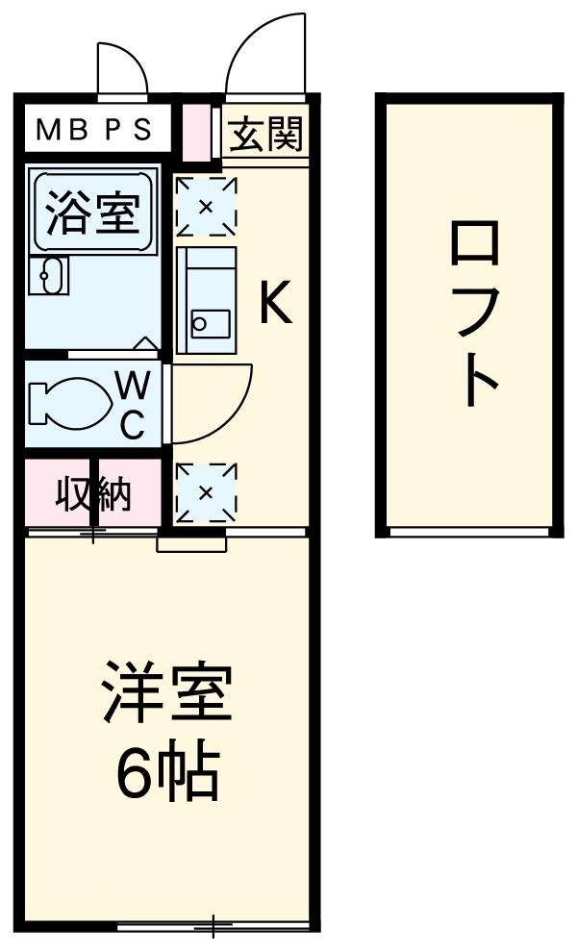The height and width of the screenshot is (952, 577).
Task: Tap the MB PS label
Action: pos(93,131)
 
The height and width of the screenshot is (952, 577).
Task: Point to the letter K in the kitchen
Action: pos(273,306)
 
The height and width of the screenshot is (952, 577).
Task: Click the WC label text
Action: pos(133,405)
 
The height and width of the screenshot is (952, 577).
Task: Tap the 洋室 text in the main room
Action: pos(168,692)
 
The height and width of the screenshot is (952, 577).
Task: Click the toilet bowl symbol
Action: pos(67,402)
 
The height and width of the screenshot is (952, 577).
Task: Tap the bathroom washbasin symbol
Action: pos(46,276)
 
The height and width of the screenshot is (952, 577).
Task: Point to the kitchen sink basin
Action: pos(207,322)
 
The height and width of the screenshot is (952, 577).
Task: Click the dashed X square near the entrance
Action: pos(206,206)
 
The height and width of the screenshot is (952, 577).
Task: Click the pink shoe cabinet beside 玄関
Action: pos(195,132)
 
